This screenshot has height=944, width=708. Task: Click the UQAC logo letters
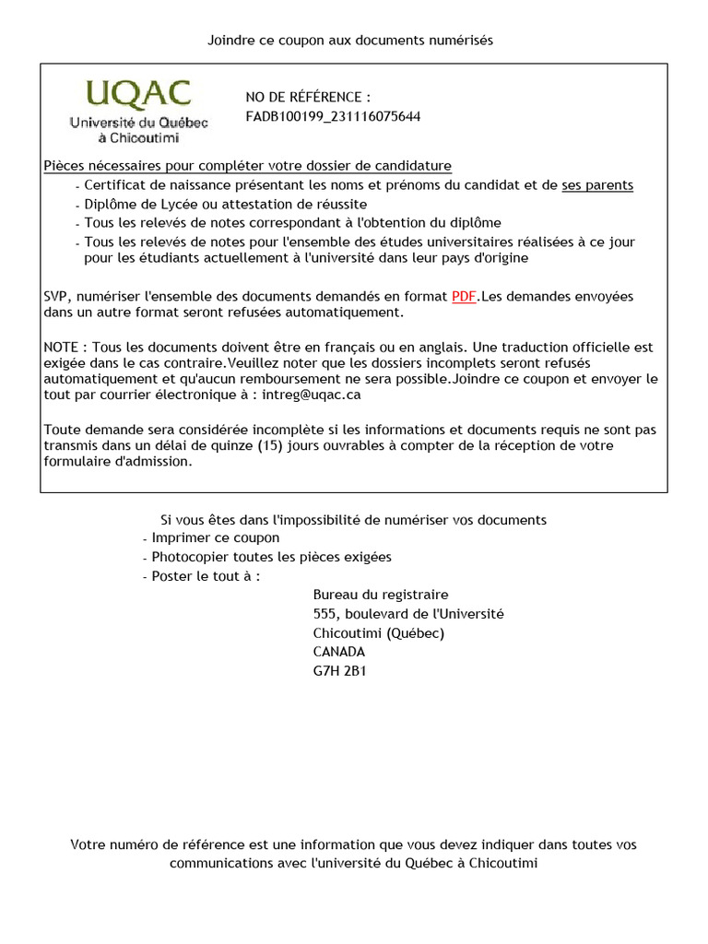click(139, 94)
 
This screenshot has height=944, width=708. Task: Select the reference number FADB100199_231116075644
click(333, 116)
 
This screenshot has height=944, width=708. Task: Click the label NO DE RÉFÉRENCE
click(308, 97)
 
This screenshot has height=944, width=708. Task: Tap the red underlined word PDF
click(464, 297)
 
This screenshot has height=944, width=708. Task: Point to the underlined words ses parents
click(597, 185)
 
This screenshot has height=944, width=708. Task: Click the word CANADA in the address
click(339, 652)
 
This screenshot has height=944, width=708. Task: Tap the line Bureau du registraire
click(381, 595)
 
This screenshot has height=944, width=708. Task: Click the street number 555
click(325, 614)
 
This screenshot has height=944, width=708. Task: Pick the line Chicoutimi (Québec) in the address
click(379, 633)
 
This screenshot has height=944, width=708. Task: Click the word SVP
click(57, 297)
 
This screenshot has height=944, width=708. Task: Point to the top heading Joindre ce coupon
click(350, 40)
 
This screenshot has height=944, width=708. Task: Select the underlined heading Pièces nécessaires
click(248, 166)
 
